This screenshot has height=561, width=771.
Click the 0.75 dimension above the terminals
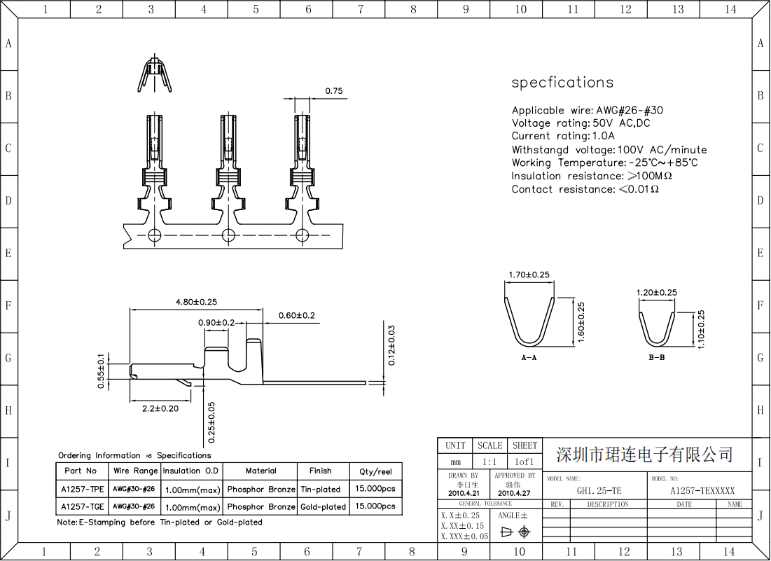coord(334,91)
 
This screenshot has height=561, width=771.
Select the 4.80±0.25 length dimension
coord(196,302)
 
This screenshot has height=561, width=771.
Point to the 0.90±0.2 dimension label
coord(216,322)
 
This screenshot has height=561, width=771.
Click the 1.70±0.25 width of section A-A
coord(529,275)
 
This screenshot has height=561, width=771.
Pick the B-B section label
coord(656,357)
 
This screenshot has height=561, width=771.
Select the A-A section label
coord(529,357)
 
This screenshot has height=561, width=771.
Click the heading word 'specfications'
coord(562,83)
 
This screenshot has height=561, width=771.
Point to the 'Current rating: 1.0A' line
coord(562,136)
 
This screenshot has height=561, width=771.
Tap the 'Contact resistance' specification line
coord(585,189)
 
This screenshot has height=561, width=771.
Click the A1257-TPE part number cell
coord(82,489)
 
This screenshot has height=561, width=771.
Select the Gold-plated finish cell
coord(323,506)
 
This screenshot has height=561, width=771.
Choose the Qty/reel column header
coord(375,471)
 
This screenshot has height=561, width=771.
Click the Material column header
coord(261,471)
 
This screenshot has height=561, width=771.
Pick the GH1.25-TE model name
coord(598,491)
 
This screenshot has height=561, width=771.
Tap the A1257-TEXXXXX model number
coord(702,491)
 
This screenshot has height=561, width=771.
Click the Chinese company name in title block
coord(644,455)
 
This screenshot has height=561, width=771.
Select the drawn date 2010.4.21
coord(463,493)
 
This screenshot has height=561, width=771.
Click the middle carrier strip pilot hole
coord(227,234)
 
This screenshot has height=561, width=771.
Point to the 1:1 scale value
coord(489,462)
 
